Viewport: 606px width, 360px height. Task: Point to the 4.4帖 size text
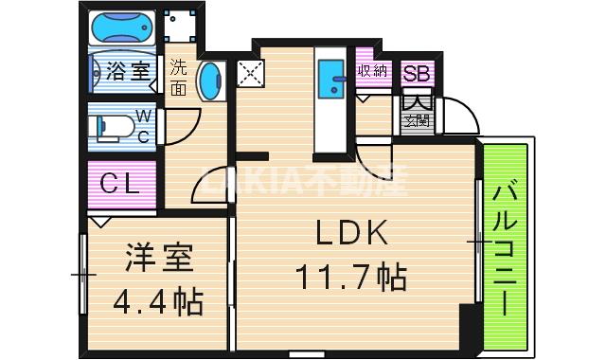(158, 302)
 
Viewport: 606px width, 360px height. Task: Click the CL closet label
(120, 184)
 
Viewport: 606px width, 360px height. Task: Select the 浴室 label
(128, 70)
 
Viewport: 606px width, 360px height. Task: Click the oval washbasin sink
(209, 81)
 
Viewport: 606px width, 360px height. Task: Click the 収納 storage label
(372, 70)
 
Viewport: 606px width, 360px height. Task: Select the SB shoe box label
(416, 73)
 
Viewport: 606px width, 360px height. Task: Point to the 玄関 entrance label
(416, 120)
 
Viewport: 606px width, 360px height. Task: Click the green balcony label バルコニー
(503, 249)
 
